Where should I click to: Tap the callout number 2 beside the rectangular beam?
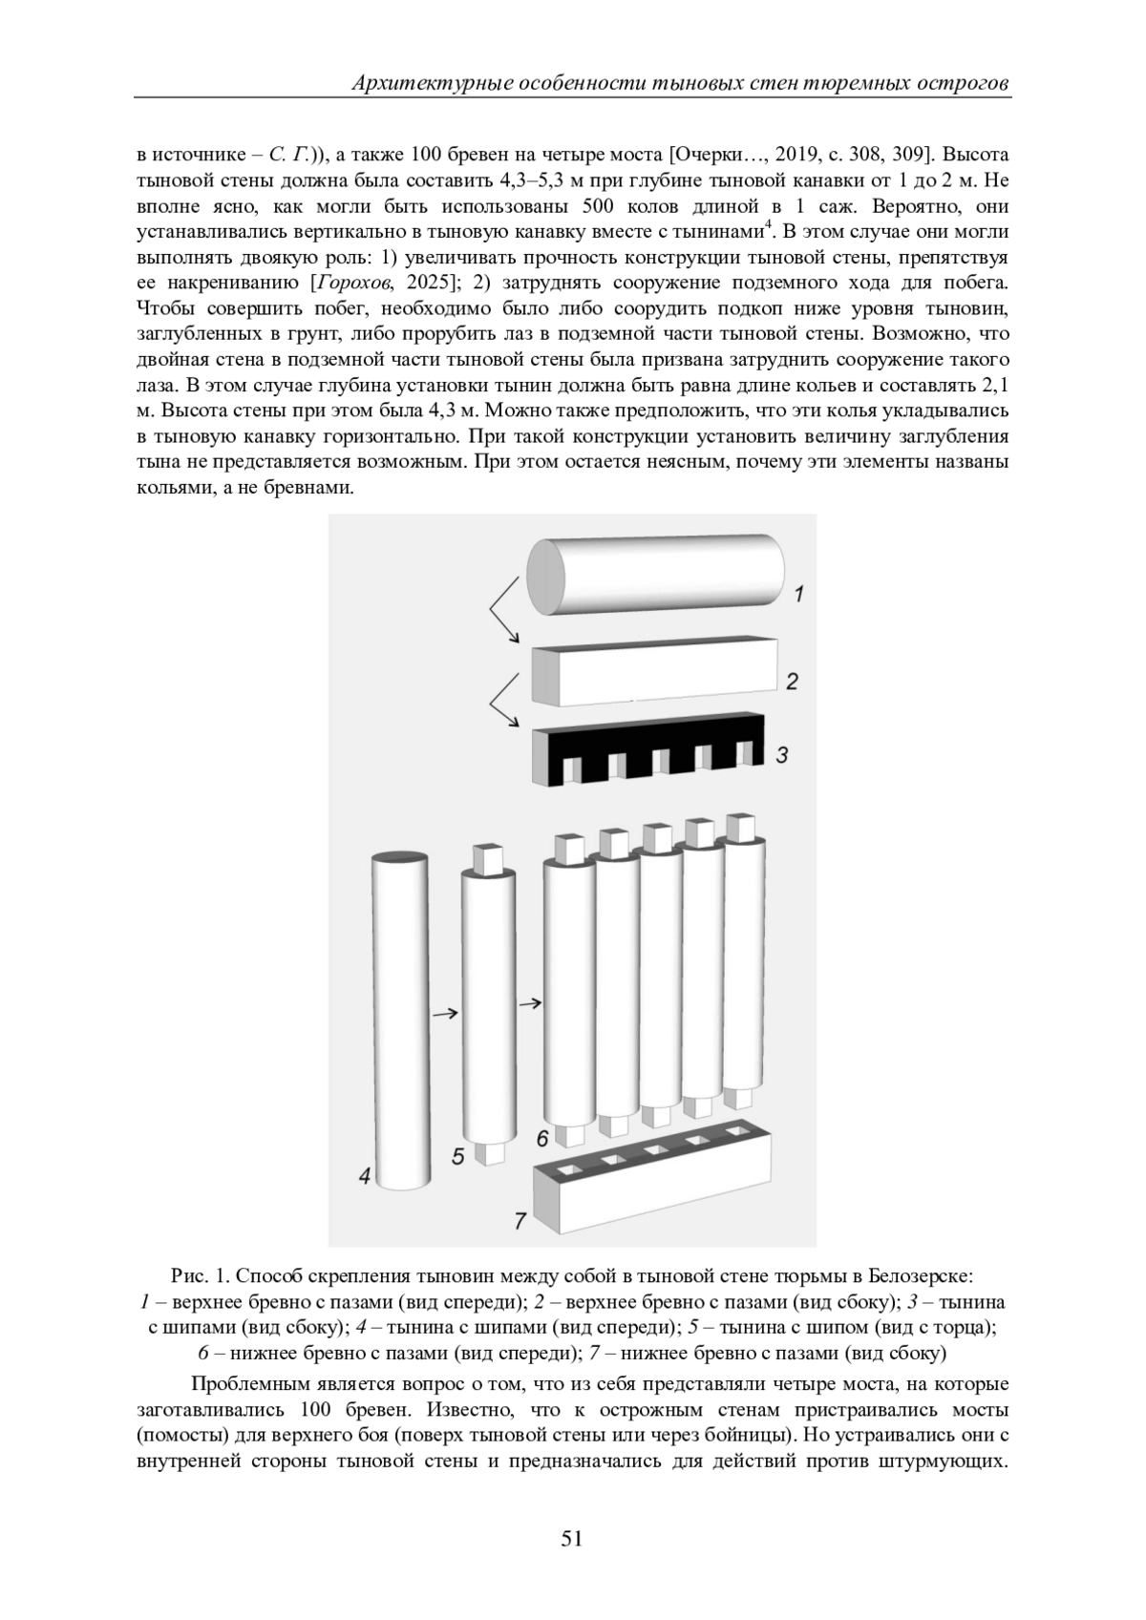coord(792,682)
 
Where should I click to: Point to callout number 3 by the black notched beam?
coord(782,755)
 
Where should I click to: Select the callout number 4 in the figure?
coord(364,1177)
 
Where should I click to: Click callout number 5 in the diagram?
coord(457,1156)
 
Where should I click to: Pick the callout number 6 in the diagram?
coord(541,1138)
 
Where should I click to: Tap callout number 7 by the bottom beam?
coord(520,1220)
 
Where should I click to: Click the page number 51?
coord(572,1538)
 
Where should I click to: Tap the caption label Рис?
coord(189,1275)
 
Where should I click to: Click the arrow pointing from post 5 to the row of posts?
coord(529,1003)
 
